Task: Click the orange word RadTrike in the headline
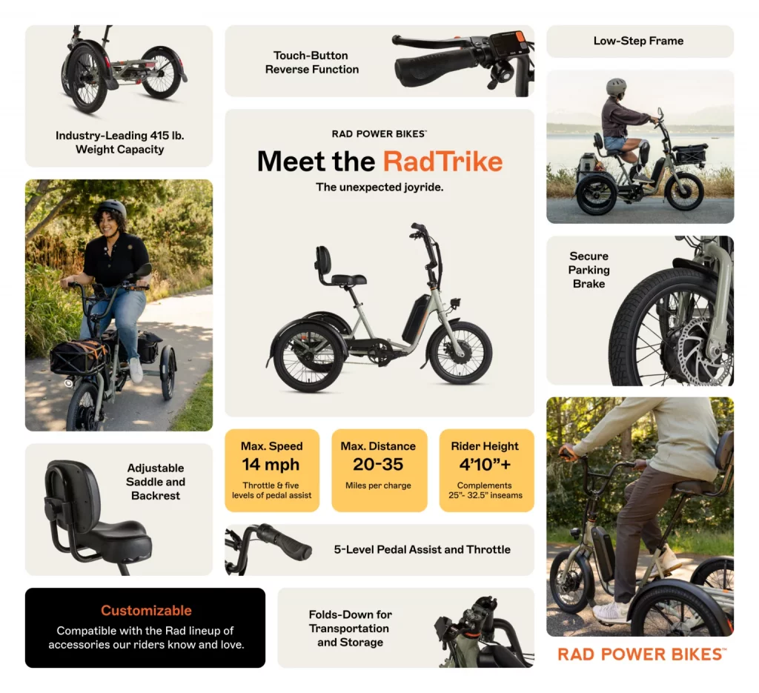[443, 162]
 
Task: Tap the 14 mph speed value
[271, 465]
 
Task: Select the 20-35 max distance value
[378, 465]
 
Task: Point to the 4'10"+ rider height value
[485, 465]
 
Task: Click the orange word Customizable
[146, 611]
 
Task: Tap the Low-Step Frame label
[638, 41]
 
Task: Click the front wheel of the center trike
[460, 353]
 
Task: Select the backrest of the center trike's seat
[323, 260]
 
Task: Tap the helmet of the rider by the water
[616, 86]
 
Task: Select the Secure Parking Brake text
[589, 270]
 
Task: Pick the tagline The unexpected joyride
[379, 188]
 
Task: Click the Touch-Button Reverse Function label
[311, 62]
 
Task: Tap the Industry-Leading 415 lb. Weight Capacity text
[119, 142]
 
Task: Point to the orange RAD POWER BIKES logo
[641, 654]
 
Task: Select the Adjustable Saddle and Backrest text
[155, 482]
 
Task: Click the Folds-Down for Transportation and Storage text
[350, 629]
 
